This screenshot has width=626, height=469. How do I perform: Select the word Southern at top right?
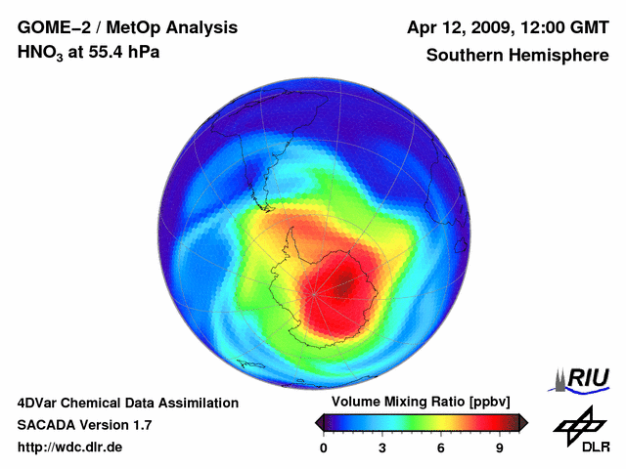point(462,55)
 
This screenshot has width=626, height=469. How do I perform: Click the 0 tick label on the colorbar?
point(324,448)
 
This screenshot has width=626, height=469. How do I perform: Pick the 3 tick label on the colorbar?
point(382,448)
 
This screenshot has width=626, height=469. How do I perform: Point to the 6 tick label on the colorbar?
point(441,448)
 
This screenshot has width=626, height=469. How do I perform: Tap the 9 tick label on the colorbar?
point(499,448)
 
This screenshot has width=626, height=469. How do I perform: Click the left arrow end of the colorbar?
point(320,422)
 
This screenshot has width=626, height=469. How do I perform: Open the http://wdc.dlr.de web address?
point(70,448)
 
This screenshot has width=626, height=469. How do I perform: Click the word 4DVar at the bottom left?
point(38,403)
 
